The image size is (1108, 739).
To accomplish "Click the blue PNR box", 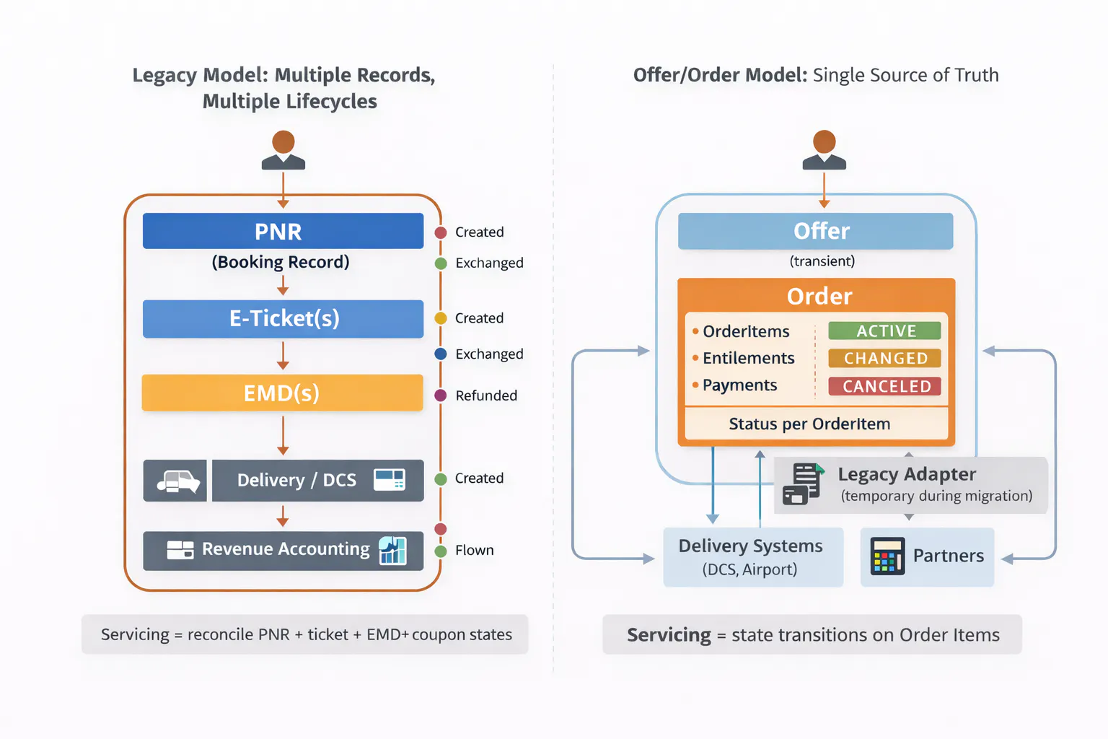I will click(283, 231).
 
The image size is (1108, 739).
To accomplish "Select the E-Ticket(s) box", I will click(283, 318).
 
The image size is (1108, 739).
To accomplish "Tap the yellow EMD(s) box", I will click(282, 393).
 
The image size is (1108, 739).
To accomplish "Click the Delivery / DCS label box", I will click(317, 480).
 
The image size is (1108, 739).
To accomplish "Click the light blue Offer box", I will click(815, 231).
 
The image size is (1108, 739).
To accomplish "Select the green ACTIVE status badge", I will click(884, 331).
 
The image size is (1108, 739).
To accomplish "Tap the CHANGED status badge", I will click(884, 358).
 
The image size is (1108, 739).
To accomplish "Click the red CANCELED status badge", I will click(884, 386).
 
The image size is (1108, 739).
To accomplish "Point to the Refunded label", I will click(486, 395).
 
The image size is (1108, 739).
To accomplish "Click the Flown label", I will click(474, 550).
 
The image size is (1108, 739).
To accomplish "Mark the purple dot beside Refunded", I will click(441, 395).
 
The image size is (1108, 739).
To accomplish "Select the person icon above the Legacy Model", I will click(283, 150).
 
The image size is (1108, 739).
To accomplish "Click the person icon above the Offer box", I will click(824, 150).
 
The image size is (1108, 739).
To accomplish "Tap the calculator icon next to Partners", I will click(887, 556).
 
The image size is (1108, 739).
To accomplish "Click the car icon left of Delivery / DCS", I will click(176, 481).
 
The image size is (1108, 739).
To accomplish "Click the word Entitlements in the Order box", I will click(748, 358).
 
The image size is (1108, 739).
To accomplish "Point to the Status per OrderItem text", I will click(809, 424).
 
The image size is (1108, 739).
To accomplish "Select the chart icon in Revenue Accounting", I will click(392, 550).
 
